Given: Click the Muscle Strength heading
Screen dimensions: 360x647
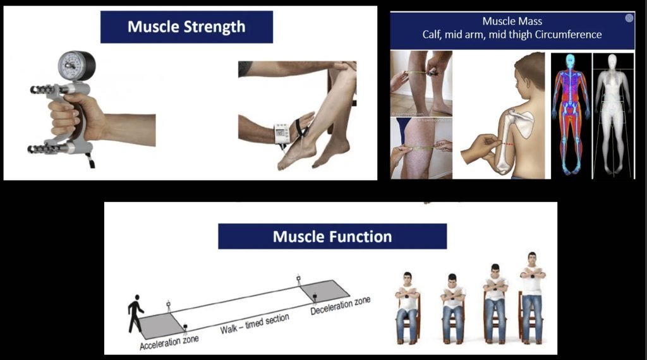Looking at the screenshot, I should click(186, 27).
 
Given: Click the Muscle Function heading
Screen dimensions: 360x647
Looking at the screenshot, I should click(332, 237).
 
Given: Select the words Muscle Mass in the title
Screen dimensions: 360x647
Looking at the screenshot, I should click(512, 21).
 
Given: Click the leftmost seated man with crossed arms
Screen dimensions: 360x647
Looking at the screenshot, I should click(408, 306).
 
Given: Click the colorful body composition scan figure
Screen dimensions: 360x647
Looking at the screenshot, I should click(571, 114).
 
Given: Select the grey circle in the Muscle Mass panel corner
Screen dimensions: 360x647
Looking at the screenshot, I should click(629, 18).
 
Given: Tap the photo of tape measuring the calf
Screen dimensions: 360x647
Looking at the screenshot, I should click(421, 82).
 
